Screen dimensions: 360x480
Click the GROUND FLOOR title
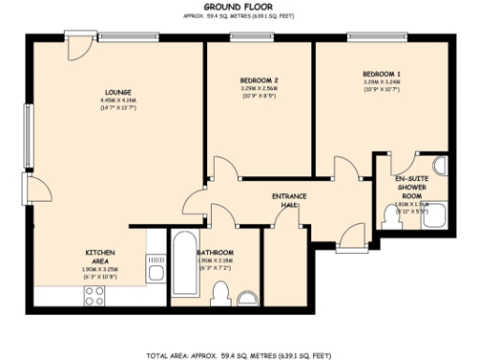point(241,7)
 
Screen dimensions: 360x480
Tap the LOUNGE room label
point(118,92)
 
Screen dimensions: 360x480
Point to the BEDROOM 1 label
point(382,74)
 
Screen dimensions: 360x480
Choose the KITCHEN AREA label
point(100,256)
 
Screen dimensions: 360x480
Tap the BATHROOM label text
point(215,253)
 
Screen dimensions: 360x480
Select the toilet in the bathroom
point(219,294)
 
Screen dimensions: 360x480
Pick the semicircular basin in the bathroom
point(247,298)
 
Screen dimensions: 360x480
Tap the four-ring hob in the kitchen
point(95,295)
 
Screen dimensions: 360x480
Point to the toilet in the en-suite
point(392,217)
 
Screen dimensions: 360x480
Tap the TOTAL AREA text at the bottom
point(241,355)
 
